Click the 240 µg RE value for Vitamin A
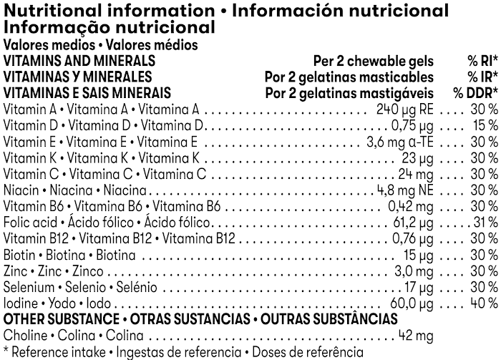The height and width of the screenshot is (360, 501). [x=404, y=110]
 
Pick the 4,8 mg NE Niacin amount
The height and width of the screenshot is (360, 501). [x=404, y=190]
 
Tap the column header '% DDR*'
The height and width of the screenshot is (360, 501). [x=475, y=93]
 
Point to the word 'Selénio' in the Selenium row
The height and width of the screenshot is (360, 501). [x=135, y=286]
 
